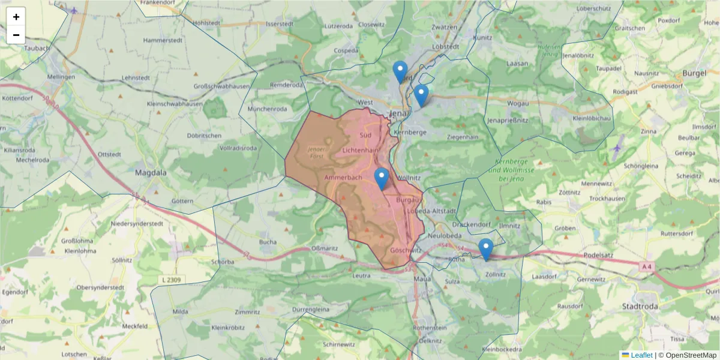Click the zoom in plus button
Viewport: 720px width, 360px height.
pos(16,17)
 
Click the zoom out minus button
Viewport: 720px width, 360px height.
pos(16,35)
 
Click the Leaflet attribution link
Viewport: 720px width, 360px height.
pos(641,355)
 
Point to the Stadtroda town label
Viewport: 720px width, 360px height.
pos(658,306)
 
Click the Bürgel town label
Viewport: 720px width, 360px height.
pos(695,74)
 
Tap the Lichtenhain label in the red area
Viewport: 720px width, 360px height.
pos(361,149)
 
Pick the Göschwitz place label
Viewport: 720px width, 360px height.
pos(403,250)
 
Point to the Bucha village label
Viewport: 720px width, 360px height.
pos(268,242)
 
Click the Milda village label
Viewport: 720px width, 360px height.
pos(180,312)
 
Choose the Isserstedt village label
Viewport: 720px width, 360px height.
pos(278,24)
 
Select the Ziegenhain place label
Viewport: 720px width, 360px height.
pos(463,137)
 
